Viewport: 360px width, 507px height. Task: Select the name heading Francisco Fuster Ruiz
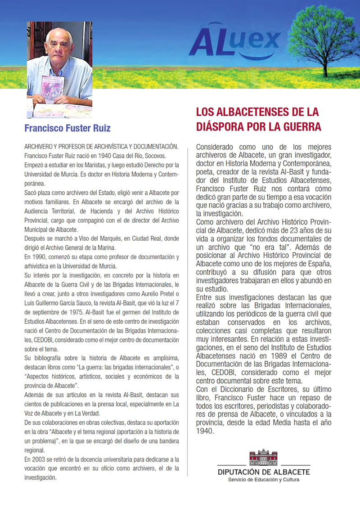[x=67, y=128]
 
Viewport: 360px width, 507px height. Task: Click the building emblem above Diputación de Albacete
[x=264, y=458]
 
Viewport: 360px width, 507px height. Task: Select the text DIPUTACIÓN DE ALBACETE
[x=264, y=472]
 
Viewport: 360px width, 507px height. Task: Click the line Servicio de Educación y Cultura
[x=264, y=480]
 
